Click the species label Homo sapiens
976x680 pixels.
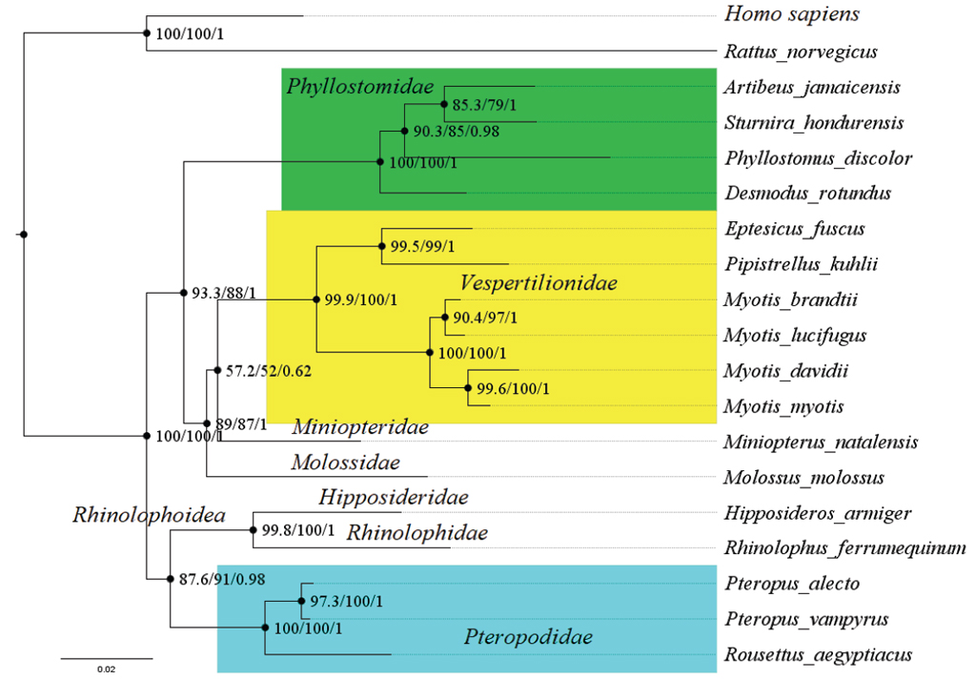(792, 14)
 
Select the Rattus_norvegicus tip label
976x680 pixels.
(800, 52)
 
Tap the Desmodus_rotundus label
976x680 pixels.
(806, 194)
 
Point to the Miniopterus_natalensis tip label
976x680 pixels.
(820, 443)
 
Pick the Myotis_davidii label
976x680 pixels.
(785, 371)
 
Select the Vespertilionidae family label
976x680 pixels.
(539, 283)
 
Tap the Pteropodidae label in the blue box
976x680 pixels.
(528, 637)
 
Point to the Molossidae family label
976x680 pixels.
(345, 464)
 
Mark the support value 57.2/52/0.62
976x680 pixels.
(270, 370)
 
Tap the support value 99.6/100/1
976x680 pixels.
(512, 388)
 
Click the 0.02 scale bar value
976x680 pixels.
(106, 670)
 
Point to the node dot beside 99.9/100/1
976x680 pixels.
(315, 299)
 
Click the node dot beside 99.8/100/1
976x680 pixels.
(254, 529)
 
